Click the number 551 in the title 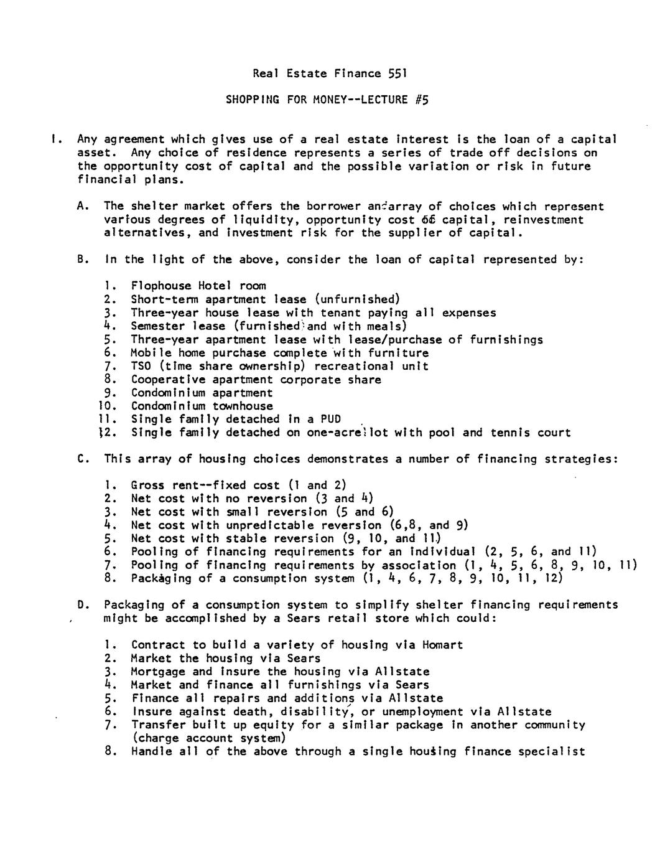(x=397, y=73)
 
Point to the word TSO (x=141, y=366)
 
